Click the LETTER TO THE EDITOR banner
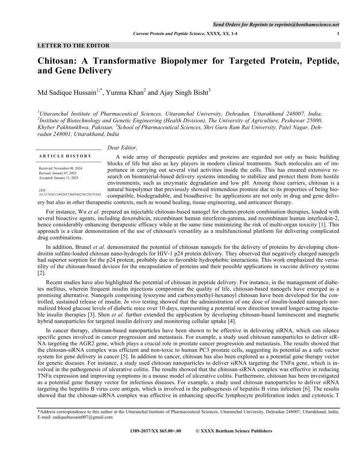tap(74, 45)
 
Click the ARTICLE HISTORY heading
tap(65, 156)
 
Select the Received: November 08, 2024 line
tap(64, 169)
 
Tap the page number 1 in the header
tap(338, 34)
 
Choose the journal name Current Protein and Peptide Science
tap(169, 34)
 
